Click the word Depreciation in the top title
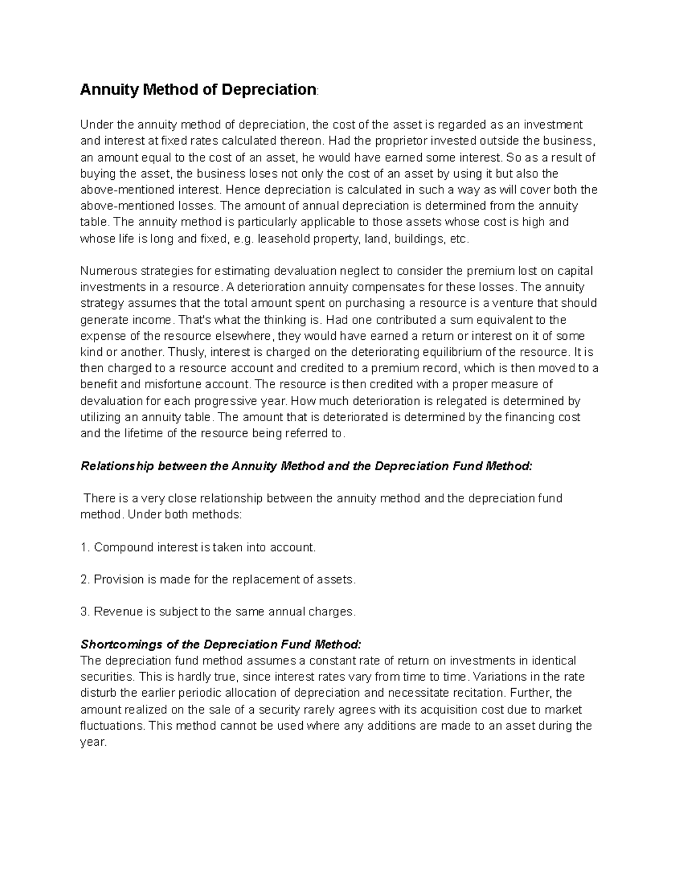(269, 90)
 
